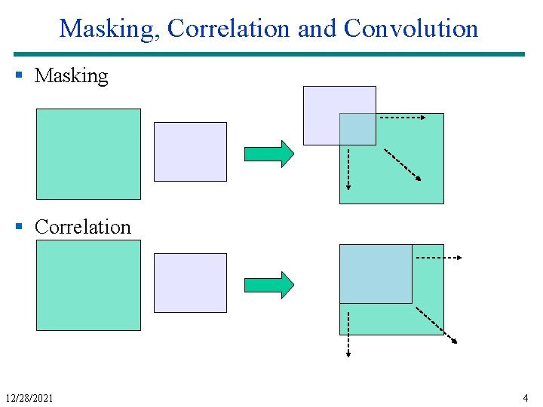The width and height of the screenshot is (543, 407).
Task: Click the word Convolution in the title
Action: (x=411, y=29)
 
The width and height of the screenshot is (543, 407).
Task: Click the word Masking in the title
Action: (x=109, y=29)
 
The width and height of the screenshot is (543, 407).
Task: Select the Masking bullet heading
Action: (x=72, y=75)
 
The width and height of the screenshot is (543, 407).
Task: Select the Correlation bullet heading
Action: (x=83, y=227)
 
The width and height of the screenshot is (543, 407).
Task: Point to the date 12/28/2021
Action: (x=29, y=397)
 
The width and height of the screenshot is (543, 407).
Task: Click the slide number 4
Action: (x=525, y=397)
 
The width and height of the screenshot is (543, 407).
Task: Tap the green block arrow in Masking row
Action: (x=268, y=153)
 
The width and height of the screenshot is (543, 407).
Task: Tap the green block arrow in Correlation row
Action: (x=268, y=285)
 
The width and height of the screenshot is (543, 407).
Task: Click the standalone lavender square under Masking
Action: (x=190, y=151)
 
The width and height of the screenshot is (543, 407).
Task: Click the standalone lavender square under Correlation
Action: (x=190, y=283)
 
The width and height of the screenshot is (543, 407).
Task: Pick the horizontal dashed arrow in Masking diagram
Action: (x=401, y=118)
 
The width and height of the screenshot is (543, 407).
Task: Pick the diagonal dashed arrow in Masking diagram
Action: (x=403, y=164)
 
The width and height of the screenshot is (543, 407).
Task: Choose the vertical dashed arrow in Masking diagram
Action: (x=348, y=168)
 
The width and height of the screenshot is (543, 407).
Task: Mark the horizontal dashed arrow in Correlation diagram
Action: (x=438, y=258)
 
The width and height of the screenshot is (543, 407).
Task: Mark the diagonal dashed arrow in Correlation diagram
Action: (x=436, y=324)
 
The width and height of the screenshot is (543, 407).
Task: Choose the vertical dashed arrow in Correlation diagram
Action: (x=348, y=330)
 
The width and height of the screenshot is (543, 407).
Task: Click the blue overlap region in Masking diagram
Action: (x=357, y=129)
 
